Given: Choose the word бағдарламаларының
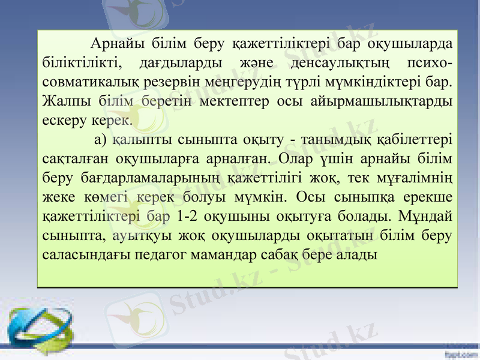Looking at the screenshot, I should point(146,178).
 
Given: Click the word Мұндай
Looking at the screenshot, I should point(427,216).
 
